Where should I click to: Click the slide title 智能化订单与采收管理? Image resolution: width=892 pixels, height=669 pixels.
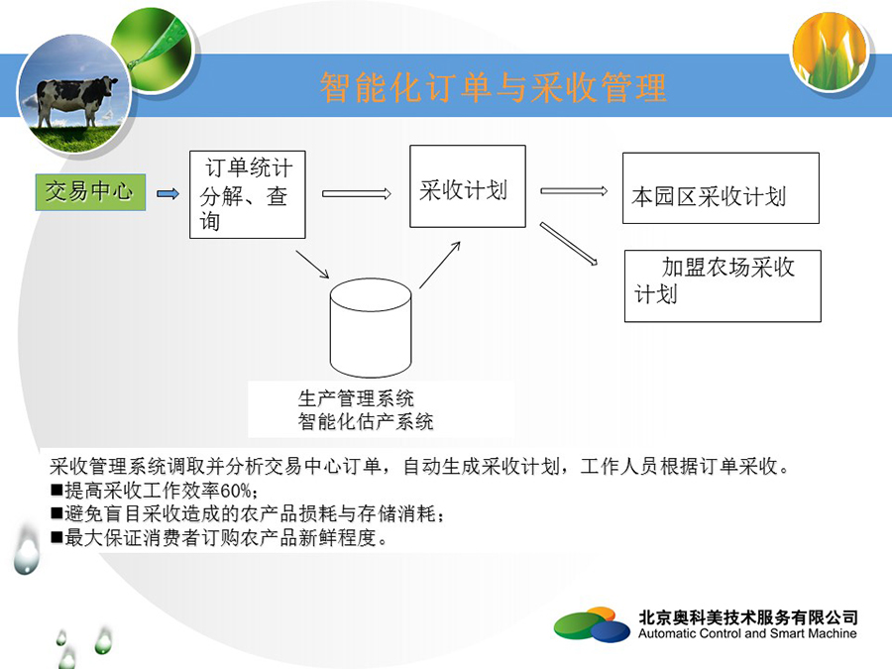click(493, 87)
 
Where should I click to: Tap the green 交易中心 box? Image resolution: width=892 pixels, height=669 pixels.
click(90, 192)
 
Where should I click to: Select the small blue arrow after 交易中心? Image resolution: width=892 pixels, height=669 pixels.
click(167, 194)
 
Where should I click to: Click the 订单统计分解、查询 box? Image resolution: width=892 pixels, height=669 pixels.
click(248, 194)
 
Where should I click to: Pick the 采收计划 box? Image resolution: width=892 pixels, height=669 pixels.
click(468, 186)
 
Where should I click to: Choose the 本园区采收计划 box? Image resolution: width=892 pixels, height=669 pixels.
click(721, 187)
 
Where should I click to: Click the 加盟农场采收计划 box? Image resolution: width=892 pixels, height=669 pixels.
click(723, 286)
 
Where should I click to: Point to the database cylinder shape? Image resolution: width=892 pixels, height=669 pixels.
click(371, 328)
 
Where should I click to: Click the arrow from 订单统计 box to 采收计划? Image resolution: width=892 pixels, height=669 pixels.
click(357, 194)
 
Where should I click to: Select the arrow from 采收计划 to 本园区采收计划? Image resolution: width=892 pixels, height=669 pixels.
click(574, 191)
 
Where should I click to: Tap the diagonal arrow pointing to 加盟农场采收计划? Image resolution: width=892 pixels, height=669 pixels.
click(569, 244)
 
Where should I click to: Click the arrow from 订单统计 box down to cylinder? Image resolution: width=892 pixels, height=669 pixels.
click(312, 264)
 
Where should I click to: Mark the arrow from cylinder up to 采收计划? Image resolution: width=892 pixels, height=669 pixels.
click(440, 265)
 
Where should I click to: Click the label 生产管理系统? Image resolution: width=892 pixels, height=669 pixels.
click(356, 398)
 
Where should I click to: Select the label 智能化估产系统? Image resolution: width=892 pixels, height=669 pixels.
click(366, 421)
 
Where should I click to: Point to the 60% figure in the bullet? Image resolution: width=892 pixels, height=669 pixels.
click(236, 491)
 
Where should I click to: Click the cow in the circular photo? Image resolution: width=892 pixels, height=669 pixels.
click(74, 99)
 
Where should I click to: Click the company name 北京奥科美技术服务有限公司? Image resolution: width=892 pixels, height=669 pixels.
click(748, 616)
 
